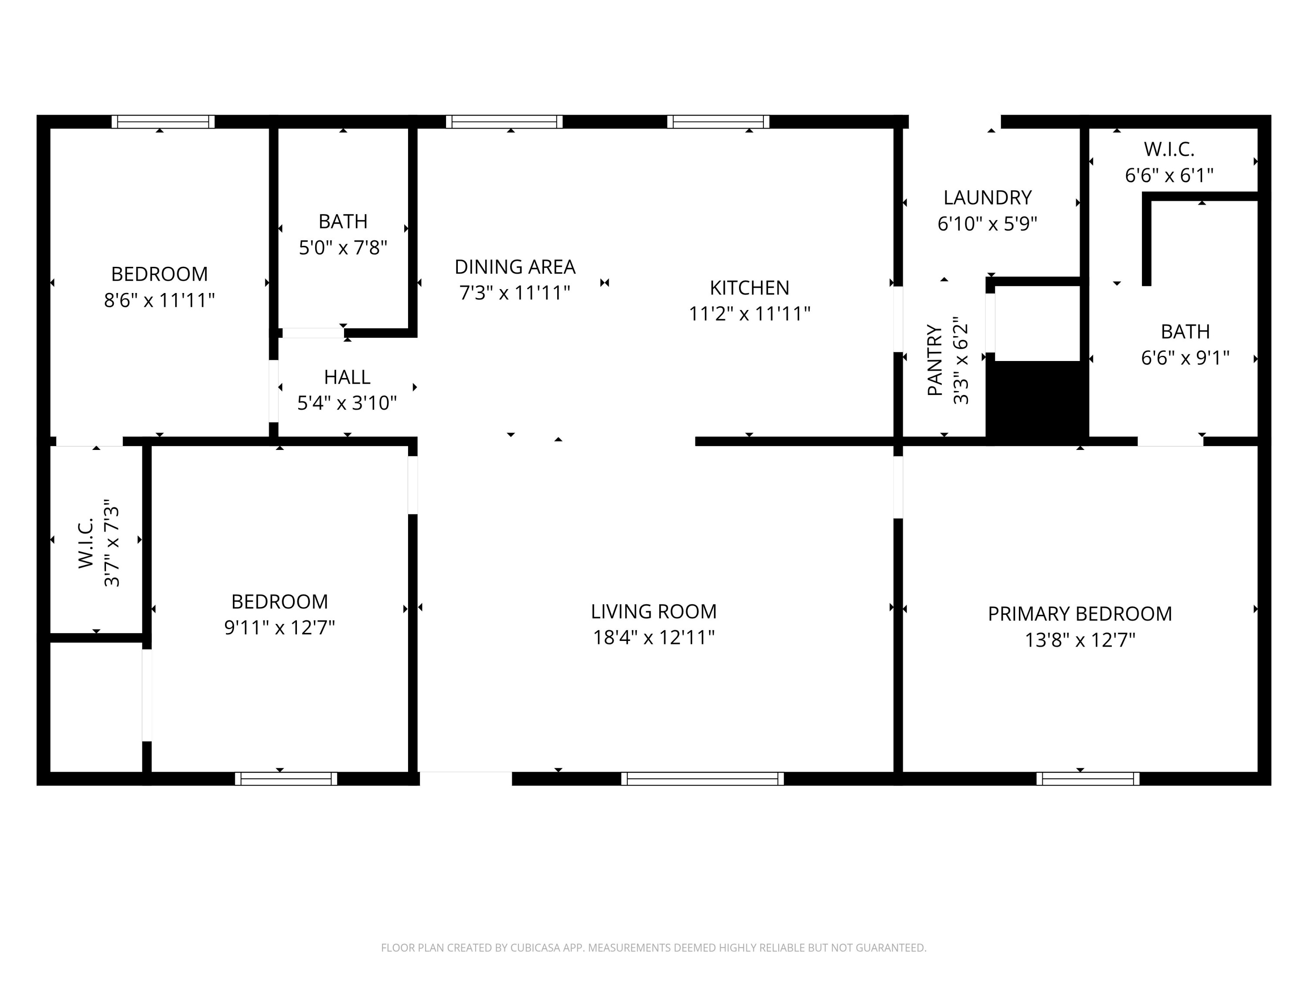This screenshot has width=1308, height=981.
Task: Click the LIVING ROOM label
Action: point(654,611)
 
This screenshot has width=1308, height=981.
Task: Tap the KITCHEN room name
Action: point(749,288)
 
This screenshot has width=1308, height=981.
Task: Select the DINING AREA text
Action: point(514,267)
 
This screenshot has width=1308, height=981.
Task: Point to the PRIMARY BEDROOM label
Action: point(1080,614)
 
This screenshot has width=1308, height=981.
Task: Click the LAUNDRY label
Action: point(988,198)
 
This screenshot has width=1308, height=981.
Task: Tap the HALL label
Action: point(347,377)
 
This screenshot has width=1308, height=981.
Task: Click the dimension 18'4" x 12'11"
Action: point(654,637)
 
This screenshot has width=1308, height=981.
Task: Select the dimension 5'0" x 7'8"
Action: point(343,247)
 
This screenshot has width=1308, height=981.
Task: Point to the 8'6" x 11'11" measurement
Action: point(159,300)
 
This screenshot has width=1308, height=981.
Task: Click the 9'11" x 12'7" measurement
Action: point(279,627)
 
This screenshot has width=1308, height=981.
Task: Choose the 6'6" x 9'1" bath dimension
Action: point(1185,358)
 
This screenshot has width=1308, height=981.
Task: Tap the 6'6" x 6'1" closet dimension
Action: point(1169,175)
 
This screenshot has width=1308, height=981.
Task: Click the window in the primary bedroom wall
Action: point(1087,779)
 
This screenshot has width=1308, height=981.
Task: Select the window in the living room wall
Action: point(702,779)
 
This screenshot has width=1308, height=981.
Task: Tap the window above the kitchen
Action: point(718,122)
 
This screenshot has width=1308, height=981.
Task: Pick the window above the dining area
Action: point(504,122)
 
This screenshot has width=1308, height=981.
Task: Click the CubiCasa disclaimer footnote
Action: point(654,948)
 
